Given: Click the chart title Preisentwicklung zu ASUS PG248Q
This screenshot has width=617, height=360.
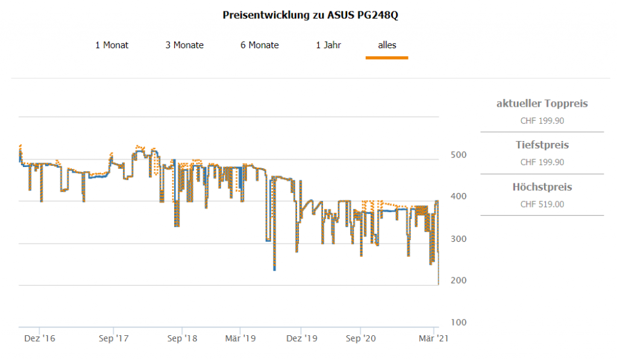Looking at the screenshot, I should [310, 15].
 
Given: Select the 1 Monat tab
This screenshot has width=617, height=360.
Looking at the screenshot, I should [111, 45].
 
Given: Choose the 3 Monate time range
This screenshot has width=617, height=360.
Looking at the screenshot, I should [184, 45].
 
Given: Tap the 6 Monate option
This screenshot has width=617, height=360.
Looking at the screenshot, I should [260, 45].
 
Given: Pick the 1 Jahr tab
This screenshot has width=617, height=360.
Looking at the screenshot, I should [328, 45].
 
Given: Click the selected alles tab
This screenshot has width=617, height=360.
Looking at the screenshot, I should [387, 45].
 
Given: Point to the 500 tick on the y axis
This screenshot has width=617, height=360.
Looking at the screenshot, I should [459, 156].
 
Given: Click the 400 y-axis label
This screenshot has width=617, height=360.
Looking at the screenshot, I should [459, 197].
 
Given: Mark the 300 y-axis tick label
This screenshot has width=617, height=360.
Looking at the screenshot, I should [459, 239].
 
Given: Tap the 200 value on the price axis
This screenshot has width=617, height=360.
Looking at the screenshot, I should [459, 281].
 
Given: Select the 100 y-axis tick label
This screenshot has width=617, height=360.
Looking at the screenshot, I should [459, 323].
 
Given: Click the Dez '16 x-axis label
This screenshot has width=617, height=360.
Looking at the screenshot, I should [40, 339].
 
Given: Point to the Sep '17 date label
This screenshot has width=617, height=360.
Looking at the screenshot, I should [114, 339].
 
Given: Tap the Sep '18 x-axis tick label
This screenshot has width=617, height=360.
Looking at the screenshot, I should [182, 339].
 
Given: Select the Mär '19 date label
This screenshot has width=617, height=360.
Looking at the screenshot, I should [240, 339].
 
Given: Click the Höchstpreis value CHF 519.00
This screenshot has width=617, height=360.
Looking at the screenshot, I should [542, 204].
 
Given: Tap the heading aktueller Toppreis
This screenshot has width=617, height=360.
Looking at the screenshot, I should [542, 104].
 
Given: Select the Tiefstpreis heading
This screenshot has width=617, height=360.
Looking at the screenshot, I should [542, 145].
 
